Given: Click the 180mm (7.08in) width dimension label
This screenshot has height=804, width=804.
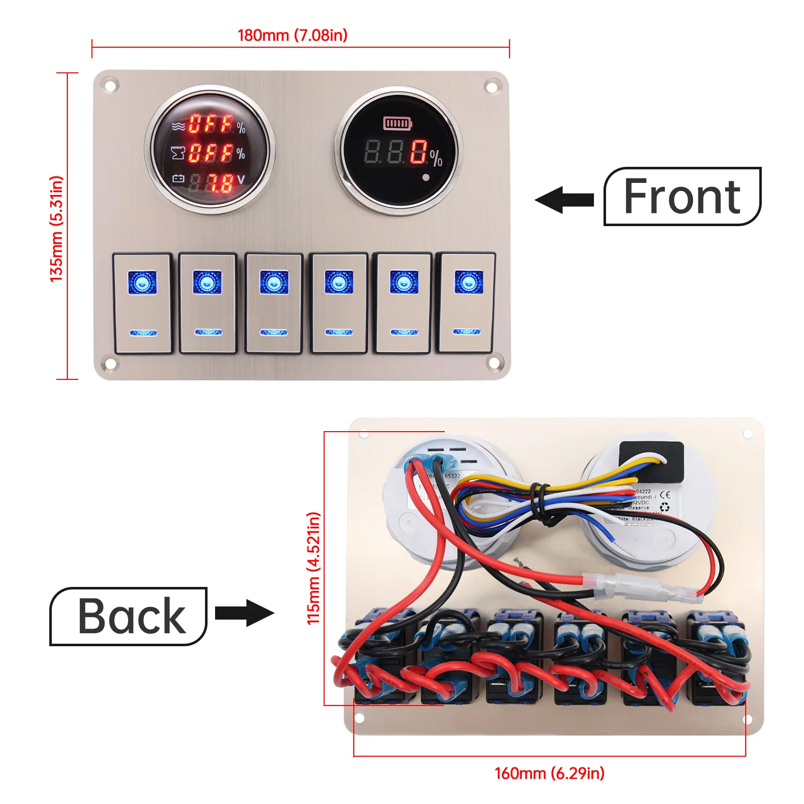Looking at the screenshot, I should pyautogui.click(x=292, y=35).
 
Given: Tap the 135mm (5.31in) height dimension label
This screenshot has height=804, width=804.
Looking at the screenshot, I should pyautogui.click(x=57, y=229).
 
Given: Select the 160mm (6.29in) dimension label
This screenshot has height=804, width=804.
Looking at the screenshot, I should pyautogui.click(x=549, y=773).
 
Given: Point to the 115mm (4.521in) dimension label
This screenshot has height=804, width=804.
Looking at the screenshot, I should pyautogui.click(x=314, y=568).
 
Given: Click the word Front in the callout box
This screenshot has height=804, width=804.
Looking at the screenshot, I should pyautogui.click(x=682, y=196).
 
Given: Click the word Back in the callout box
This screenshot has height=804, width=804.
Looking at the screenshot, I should pyautogui.click(x=132, y=616).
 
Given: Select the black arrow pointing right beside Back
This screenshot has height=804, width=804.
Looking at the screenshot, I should pyautogui.click(x=245, y=613).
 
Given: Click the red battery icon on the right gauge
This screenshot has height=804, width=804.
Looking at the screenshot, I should pyautogui.click(x=397, y=123).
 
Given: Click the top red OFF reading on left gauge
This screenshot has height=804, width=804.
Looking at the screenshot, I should pyautogui.click(x=211, y=124).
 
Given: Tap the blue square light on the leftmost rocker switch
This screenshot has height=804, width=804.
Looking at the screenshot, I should pyautogui.click(x=142, y=282).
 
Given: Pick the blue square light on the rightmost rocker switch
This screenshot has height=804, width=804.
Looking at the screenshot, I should pyautogui.click(x=468, y=282).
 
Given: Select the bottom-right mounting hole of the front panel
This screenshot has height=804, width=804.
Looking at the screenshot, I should pyautogui.click(x=494, y=363).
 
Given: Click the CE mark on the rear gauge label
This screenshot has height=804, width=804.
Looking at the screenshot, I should pyautogui.click(x=664, y=495).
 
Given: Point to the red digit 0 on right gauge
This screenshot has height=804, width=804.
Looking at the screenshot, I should pyautogui.click(x=418, y=152).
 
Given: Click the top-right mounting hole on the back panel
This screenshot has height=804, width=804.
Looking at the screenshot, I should pyautogui.click(x=748, y=434).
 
